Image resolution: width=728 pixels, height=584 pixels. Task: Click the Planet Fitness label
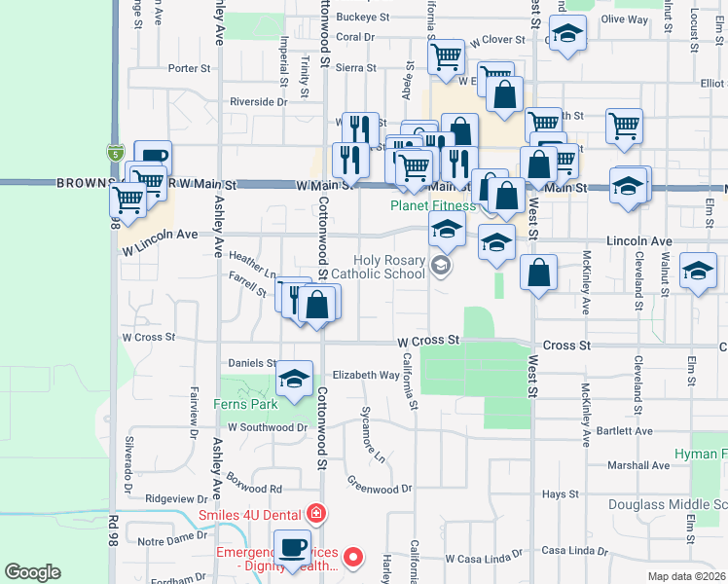[x=433, y=205]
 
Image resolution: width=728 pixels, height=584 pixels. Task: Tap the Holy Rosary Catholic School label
[x=389, y=267]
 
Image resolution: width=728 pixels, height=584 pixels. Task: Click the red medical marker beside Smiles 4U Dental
[x=315, y=513]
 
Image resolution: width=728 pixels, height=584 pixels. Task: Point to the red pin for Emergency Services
[x=354, y=558]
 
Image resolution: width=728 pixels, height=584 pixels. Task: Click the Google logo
[x=32, y=572]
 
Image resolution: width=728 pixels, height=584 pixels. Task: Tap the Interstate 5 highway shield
[x=116, y=152]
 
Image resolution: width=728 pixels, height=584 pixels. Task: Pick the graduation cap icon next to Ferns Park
[x=294, y=379]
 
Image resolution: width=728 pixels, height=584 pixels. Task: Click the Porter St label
[x=190, y=68]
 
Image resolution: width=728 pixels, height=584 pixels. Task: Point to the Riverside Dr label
[x=259, y=101]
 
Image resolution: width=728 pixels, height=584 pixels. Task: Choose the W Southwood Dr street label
[x=268, y=427]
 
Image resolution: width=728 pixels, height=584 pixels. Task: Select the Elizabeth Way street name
[x=366, y=375]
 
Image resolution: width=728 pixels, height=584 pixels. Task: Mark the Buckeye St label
[x=363, y=18]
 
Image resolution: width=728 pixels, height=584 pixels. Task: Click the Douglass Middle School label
[x=668, y=504]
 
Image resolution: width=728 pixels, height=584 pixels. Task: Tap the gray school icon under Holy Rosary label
[x=441, y=266]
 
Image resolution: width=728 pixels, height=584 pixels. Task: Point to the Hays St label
[x=562, y=494]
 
